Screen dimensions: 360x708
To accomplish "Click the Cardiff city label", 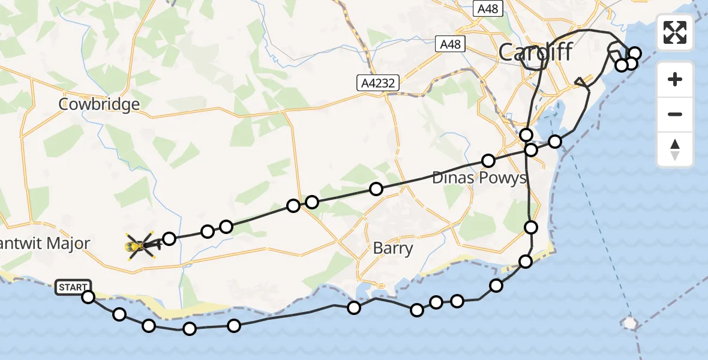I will pos(535,52).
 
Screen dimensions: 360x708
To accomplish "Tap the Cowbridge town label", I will pos(99,104).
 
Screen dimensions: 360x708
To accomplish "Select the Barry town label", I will pos(393,248).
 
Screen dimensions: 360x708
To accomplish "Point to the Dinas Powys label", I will pos(479,178).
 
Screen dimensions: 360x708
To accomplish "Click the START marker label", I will pos(73,287).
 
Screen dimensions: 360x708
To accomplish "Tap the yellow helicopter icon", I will pos(140,245).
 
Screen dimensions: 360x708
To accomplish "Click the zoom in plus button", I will pos(675,79).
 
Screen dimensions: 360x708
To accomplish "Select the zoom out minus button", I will pos(675,114).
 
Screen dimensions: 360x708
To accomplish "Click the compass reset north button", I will pos(675,149).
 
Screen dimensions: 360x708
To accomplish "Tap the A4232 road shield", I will pos(379,83).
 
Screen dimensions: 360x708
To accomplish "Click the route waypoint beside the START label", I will pos(88,297).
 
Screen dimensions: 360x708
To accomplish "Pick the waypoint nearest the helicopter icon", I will pos(169,239).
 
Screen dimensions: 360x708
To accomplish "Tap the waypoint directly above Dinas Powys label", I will pos(488,161).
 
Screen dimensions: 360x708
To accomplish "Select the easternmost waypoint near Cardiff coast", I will pos(635,53).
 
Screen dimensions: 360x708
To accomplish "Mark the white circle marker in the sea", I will pos(630,323).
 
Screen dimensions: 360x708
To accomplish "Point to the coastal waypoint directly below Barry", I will pos(354,308).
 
